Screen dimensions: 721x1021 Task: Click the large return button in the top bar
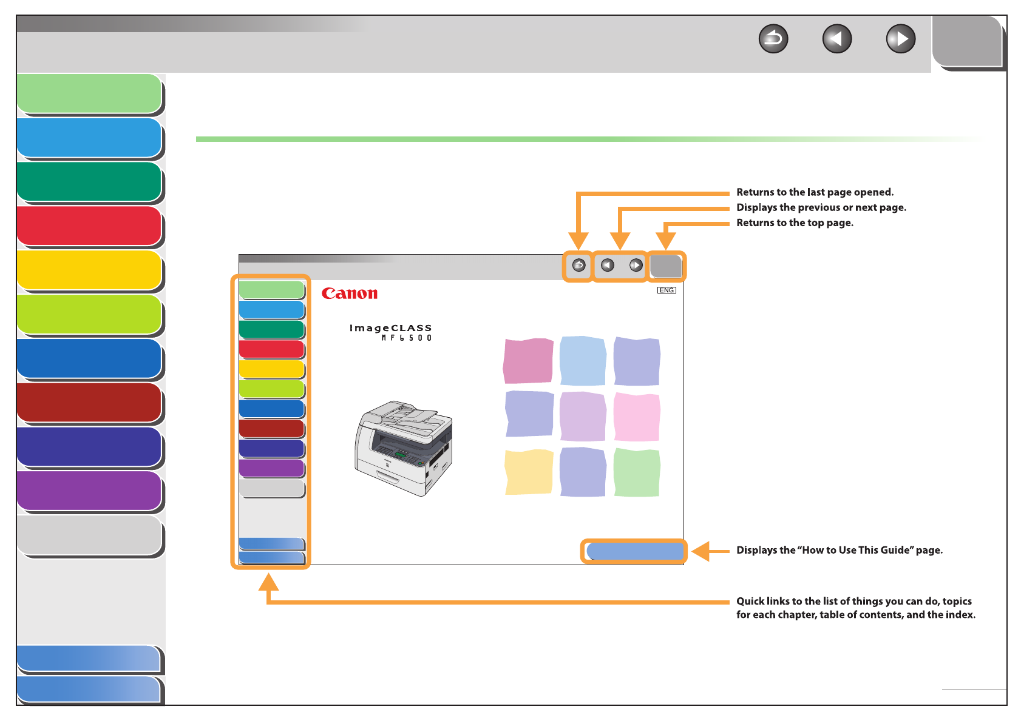point(773,39)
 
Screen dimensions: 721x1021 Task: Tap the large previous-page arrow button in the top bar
point(836,39)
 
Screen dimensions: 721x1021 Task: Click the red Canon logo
point(350,294)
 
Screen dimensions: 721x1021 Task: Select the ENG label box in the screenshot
point(667,290)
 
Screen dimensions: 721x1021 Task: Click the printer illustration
point(404,448)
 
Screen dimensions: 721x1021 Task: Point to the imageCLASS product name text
point(390,328)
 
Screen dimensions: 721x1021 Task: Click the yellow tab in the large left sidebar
point(89,270)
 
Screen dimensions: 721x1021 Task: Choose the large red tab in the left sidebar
point(89,226)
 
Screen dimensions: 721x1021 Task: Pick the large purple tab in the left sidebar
point(89,491)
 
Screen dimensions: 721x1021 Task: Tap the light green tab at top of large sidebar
point(89,94)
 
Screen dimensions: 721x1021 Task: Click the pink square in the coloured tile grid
point(636,417)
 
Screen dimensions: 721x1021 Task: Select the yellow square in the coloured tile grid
point(529,472)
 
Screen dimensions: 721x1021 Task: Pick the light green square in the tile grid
point(636,472)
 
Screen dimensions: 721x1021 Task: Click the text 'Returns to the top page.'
point(795,223)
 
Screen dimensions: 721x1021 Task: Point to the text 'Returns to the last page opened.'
point(815,192)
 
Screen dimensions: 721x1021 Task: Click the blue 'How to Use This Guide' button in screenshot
point(634,551)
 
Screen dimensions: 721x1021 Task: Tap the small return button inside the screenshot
point(578,266)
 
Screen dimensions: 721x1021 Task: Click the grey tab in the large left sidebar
point(89,535)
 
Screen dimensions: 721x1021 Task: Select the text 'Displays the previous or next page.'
point(821,207)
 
